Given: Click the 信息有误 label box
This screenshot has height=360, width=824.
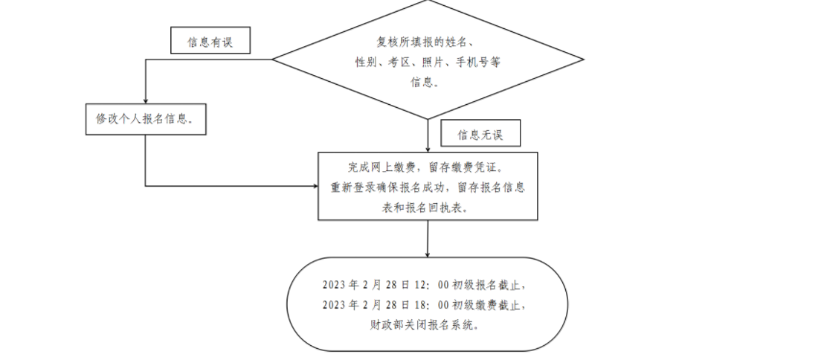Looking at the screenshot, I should click(x=210, y=42).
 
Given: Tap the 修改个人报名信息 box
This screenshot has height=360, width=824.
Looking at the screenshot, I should click(x=145, y=119).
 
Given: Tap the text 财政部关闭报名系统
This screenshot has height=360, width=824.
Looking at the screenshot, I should click(x=428, y=324).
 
